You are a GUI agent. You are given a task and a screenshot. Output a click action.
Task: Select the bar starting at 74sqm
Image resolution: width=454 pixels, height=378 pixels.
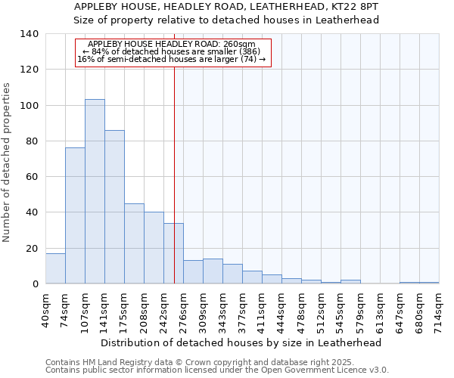75,215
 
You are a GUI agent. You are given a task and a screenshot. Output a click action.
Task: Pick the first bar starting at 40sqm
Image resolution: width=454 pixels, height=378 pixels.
55,268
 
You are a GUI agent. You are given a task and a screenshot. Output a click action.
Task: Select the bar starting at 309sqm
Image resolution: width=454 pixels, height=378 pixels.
213,271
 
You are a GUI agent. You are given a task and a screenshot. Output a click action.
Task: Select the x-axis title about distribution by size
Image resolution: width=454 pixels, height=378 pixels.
241,342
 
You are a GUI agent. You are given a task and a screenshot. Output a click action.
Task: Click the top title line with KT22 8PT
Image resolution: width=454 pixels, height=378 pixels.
227,7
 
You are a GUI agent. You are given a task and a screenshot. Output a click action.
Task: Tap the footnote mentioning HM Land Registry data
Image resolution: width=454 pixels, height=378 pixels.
200,362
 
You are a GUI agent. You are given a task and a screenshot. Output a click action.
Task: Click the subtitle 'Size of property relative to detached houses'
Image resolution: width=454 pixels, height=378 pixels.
227,20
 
